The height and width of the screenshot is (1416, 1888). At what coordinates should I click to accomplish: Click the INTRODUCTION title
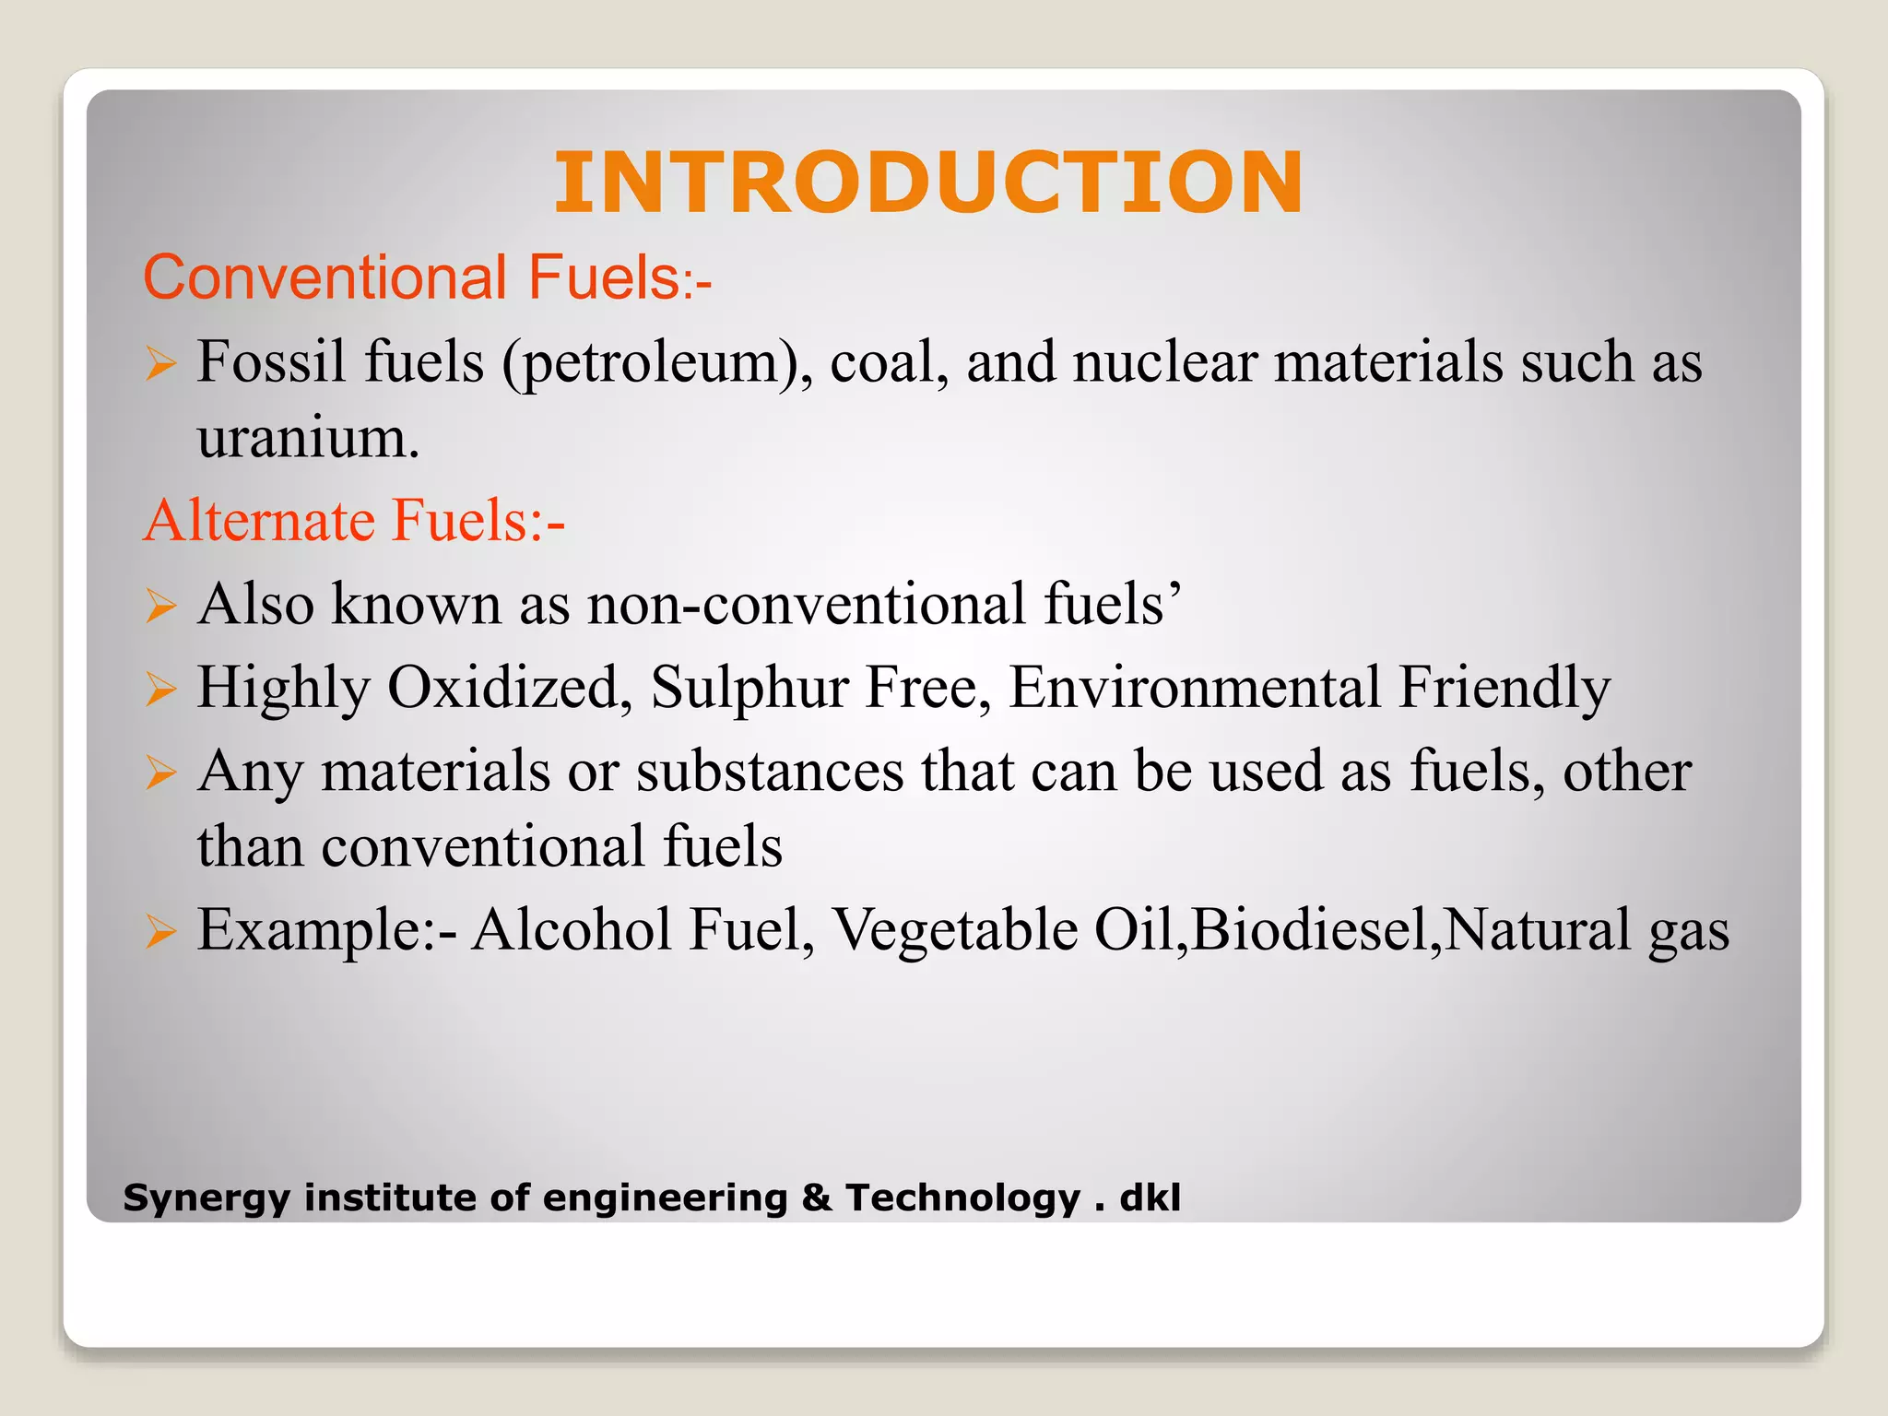(x=928, y=183)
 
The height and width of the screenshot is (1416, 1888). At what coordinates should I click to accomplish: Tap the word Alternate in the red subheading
(x=259, y=520)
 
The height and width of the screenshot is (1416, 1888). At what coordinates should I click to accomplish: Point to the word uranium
(x=308, y=439)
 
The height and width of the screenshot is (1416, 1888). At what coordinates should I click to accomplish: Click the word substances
(x=770, y=772)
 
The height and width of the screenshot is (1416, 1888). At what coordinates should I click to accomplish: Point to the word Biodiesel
(x=1313, y=930)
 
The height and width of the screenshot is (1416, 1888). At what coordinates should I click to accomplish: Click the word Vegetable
(x=955, y=930)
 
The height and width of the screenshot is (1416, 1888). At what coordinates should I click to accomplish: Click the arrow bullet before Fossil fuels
(x=160, y=364)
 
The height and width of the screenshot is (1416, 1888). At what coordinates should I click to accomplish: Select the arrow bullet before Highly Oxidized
(x=160, y=690)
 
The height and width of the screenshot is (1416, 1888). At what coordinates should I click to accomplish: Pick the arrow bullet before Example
(x=160, y=932)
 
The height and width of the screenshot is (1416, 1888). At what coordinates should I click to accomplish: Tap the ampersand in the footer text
(x=817, y=1198)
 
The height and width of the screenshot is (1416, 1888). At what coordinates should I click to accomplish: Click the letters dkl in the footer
(x=1150, y=1198)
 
